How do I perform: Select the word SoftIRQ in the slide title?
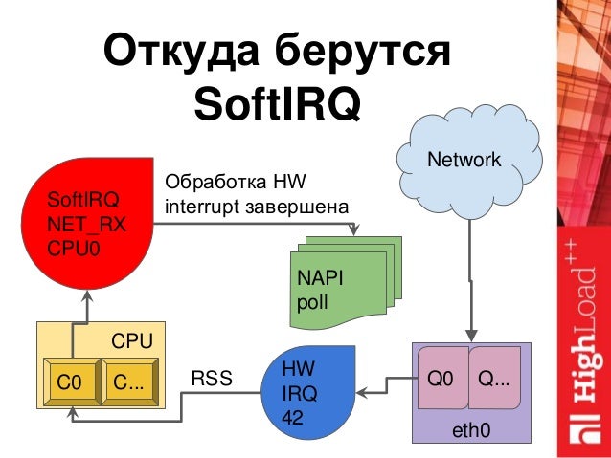(x=277, y=103)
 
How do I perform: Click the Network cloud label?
(x=464, y=160)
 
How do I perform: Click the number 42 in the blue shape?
(x=293, y=418)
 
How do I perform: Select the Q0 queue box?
(x=441, y=381)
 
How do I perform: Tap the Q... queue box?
(x=494, y=381)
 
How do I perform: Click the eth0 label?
(x=471, y=432)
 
